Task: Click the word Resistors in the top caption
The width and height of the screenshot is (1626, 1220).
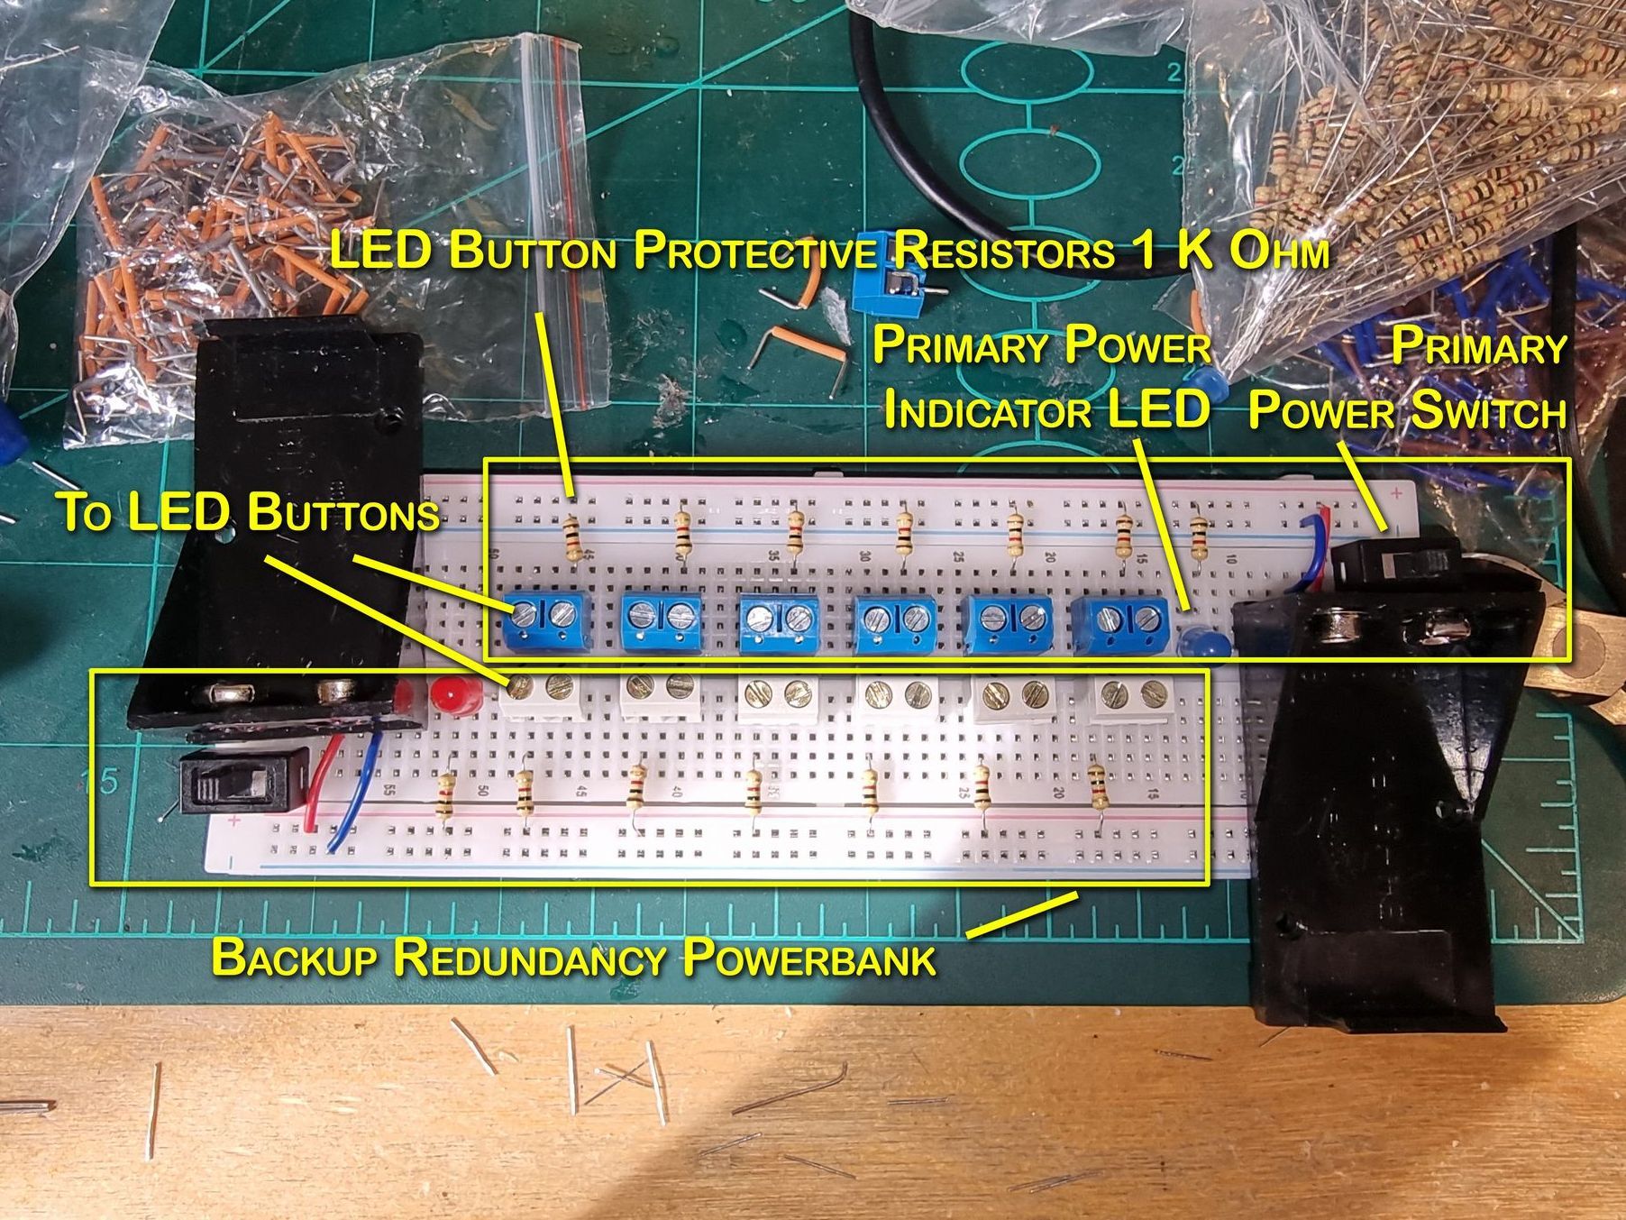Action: tap(1004, 251)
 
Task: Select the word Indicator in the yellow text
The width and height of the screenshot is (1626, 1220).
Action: tap(986, 411)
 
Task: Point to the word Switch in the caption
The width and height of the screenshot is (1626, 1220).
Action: tap(1488, 411)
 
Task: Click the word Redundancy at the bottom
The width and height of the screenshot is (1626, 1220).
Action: tap(530, 958)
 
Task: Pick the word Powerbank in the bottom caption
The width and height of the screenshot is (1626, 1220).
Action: tap(808, 958)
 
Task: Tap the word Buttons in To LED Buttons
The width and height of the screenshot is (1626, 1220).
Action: tap(343, 512)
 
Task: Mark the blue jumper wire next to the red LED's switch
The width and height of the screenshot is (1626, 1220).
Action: tap(356, 793)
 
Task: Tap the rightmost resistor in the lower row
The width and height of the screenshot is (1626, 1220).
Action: tap(1097, 788)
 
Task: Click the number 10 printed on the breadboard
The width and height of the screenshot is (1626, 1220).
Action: tap(1230, 559)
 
